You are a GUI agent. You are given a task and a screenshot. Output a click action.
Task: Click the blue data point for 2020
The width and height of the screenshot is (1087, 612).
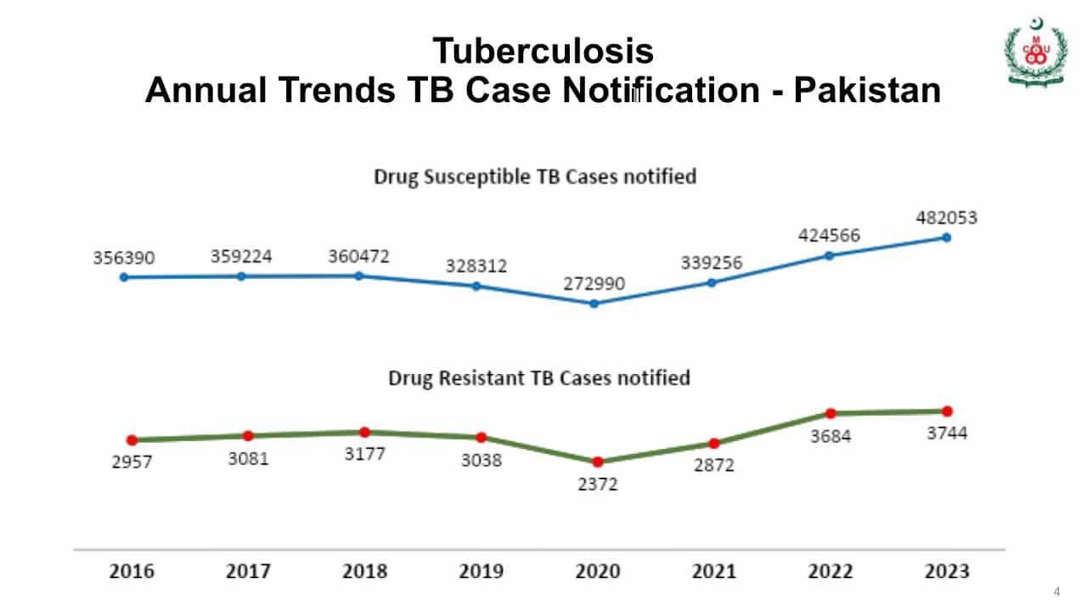click(x=594, y=303)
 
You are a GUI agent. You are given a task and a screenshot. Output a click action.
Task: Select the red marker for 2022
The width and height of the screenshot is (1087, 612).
click(x=831, y=413)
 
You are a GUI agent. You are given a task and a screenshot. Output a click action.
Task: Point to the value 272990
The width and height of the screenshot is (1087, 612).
click(x=594, y=283)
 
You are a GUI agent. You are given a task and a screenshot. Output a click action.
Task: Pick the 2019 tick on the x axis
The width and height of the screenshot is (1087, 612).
click(x=481, y=570)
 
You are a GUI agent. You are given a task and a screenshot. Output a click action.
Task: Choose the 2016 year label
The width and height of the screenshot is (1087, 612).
click(x=132, y=570)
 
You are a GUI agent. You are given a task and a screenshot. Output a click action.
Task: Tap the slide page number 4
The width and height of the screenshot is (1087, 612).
click(x=1056, y=592)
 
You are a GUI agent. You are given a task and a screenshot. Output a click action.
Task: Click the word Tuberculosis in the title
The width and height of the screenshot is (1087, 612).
click(x=543, y=51)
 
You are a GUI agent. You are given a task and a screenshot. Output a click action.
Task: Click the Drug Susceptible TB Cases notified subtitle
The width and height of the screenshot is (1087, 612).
click(x=535, y=176)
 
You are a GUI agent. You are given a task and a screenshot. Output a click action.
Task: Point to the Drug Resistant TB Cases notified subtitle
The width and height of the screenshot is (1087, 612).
click(x=539, y=377)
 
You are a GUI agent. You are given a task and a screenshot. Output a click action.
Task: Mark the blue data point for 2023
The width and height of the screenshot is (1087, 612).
click(x=946, y=237)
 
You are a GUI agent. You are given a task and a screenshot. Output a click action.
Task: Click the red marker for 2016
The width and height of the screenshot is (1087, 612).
click(x=132, y=439)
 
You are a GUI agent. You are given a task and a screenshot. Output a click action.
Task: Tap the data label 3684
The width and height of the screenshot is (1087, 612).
click(x=830, y=436)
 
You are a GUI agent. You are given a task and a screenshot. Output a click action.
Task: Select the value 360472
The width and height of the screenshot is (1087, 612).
click(x=358, y=256)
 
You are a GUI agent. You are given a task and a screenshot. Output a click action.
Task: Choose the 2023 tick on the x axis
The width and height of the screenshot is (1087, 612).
click(x=947, y=570)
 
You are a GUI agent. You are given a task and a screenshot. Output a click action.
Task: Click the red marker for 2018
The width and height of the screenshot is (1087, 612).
click(x=364, y=432)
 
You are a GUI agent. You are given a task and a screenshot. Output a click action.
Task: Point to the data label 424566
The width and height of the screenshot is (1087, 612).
click(x=828, y=235)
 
